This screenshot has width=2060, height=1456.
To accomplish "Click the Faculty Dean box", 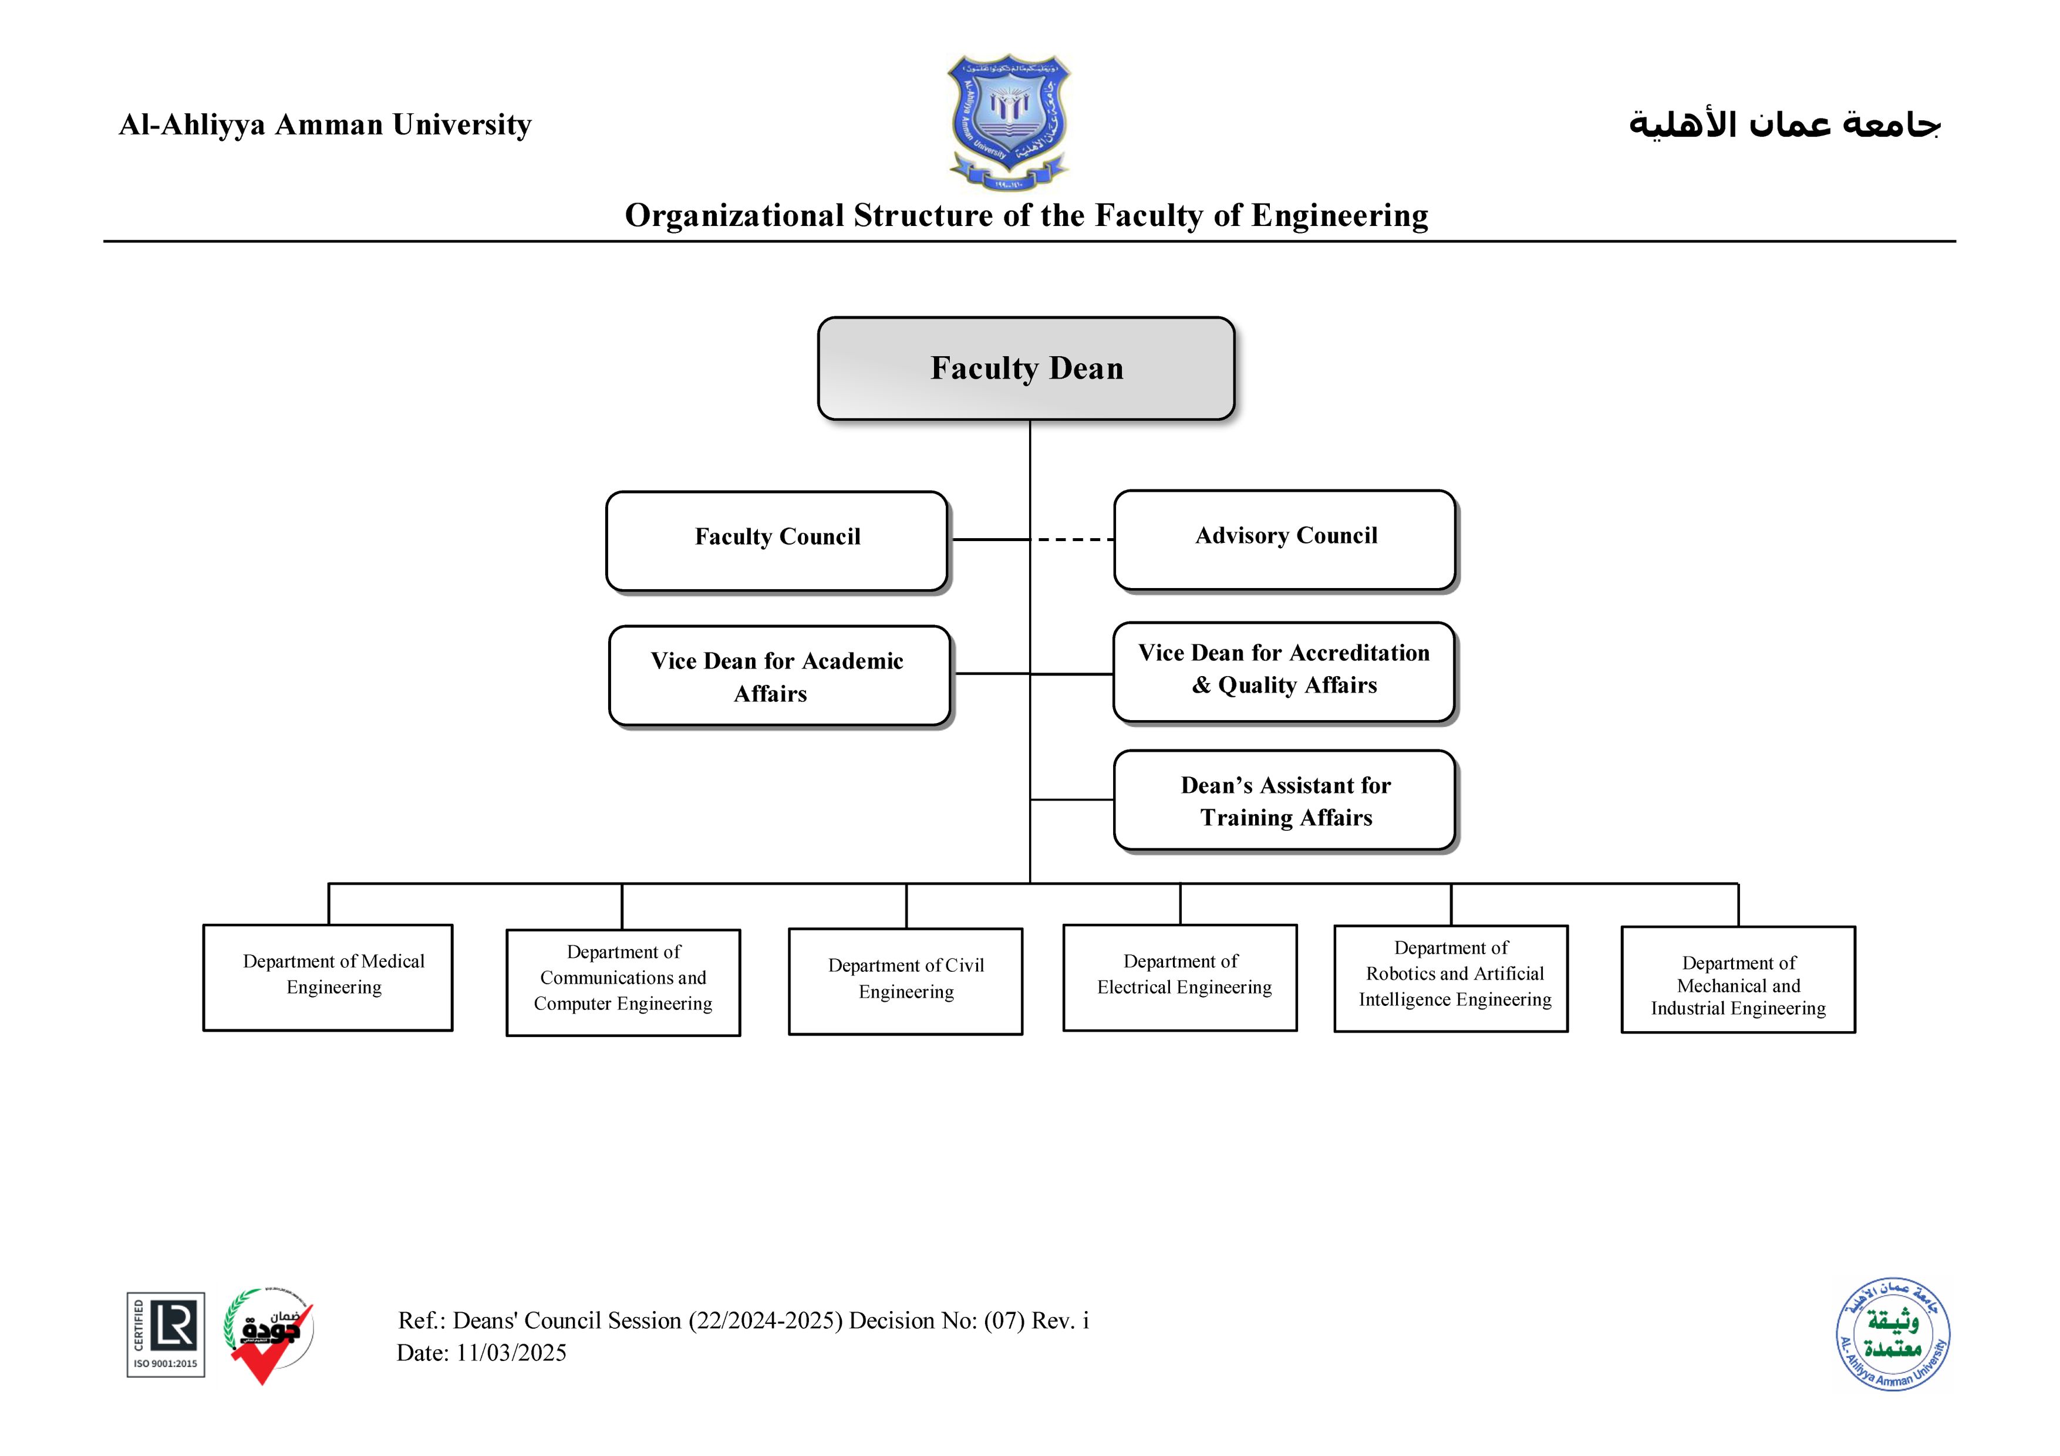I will (x=1026, y=368).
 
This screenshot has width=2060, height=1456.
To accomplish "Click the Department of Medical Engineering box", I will (x=328, y=977).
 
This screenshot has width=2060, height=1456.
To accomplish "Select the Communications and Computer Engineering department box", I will (x=623, y=982).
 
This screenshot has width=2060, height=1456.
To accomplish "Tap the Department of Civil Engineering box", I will (x=905, y=981).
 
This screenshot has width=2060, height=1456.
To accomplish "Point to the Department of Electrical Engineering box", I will (x=1180, y=977).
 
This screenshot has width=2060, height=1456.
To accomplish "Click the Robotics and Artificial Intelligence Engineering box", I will (x=1451, y=978).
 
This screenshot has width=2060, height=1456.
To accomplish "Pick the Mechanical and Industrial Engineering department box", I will (x=1738, y=979).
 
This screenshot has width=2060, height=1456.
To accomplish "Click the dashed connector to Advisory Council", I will (x=1075, y=540).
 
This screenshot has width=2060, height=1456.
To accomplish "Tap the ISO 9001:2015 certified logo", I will (x=166, y=1334).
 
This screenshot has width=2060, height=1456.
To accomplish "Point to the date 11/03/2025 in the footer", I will (x=511, y=1353).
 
